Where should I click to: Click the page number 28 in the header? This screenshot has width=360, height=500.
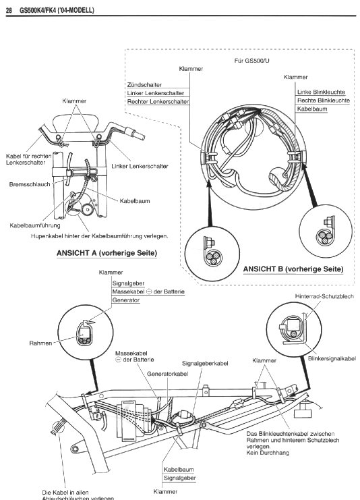[x=9, y=11]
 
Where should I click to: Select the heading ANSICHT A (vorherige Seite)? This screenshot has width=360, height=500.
[x=107, y=253]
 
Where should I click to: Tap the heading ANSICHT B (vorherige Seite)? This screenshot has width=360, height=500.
[x=293, y=269]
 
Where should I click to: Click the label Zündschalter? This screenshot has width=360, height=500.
[x=144, y=85]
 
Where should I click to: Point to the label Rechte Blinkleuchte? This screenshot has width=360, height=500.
[x=324, y=101]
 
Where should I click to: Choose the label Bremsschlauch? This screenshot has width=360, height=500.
[x=30, y=184]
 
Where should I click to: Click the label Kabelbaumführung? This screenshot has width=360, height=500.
[x=35, y=225]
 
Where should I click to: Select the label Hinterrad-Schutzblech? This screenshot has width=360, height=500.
[x=324, y=296]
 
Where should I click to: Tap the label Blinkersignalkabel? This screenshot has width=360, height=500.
[x=332, y=359]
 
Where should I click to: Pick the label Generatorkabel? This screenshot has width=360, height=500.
[x=168, y=374]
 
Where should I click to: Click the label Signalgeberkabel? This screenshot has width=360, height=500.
[x=205, y=364]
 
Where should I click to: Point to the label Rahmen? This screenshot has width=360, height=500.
[x=40, y=343]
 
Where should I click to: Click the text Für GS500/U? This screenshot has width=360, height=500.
[x=251, y=61]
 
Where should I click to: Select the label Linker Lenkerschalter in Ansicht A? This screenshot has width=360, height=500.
[x=140, y=166]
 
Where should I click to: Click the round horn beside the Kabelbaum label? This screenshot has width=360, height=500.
[x=87, y=209]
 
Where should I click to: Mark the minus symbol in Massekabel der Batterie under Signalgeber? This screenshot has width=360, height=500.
[x=149, y=291]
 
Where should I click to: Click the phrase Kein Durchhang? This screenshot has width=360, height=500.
[x=268, y=453]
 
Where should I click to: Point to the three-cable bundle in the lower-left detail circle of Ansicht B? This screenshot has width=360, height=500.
[x=213, y=257]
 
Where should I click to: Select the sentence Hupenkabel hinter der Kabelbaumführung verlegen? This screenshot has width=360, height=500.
[x=99, y=236]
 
